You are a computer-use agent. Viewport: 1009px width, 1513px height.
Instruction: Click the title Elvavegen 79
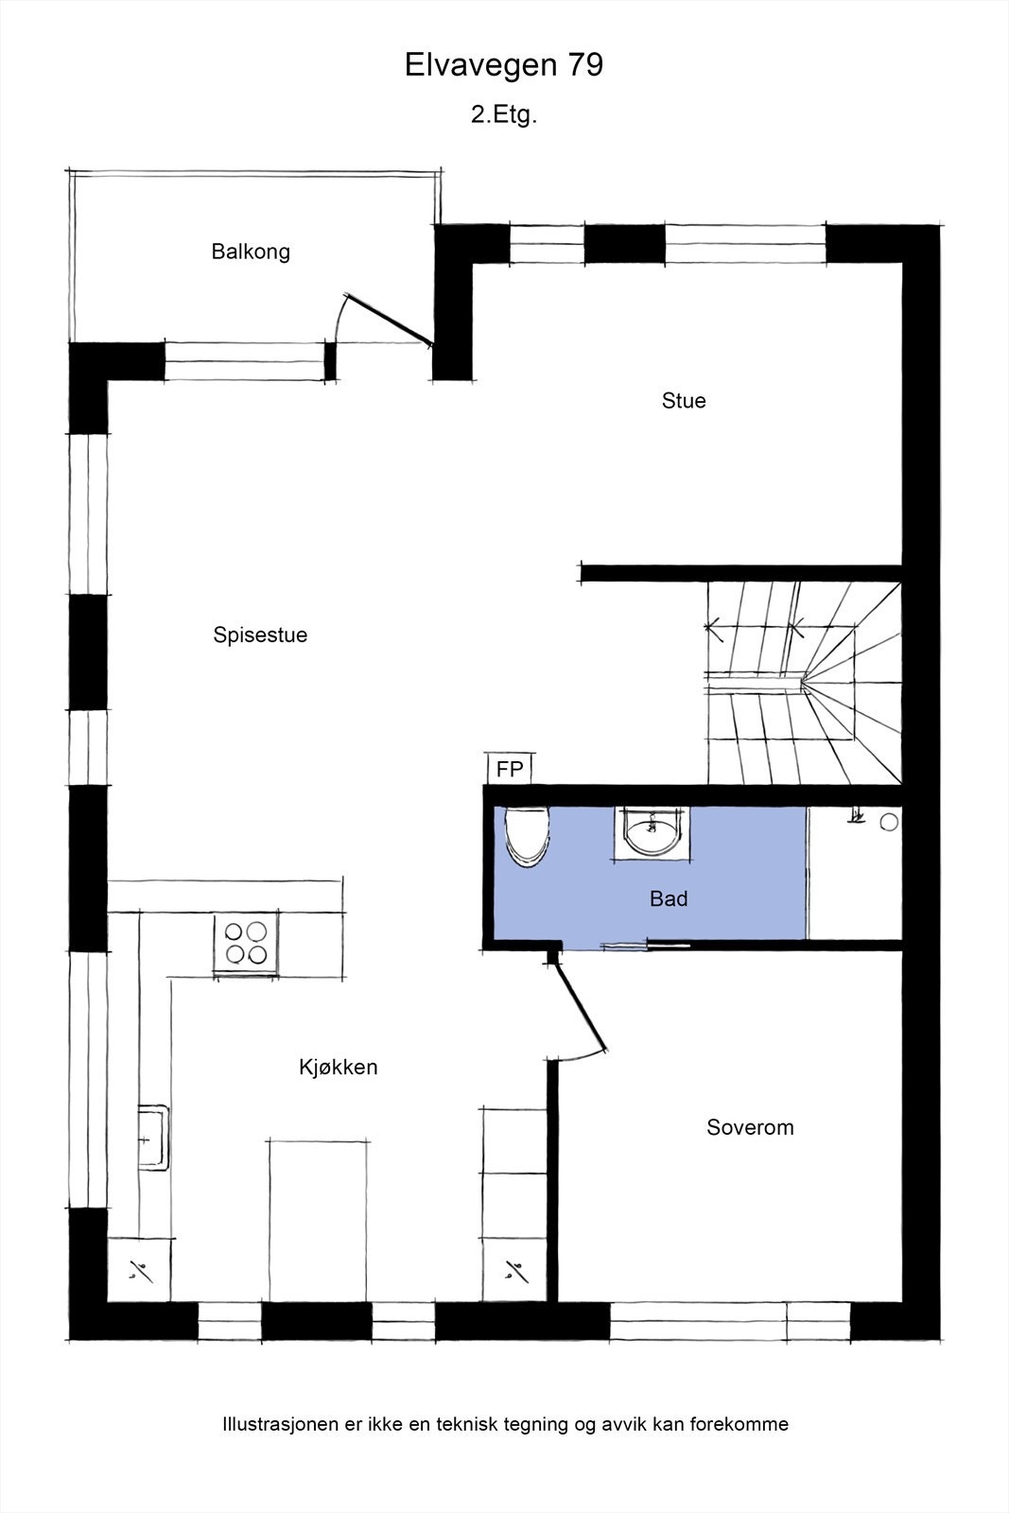(504, 65)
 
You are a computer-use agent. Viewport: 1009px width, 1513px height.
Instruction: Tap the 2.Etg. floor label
(504, 115)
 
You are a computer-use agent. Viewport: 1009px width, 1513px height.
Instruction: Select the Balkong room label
(251, 252)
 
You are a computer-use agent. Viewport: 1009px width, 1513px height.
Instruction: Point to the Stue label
(684, 401)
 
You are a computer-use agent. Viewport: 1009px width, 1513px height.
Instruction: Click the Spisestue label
(260, 635)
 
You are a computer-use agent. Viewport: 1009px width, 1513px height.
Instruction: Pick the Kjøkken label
(339, 1068)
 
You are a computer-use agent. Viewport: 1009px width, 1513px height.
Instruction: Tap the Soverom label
(750, 1127)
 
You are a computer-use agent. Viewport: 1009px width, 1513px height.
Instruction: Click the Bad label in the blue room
(669, 899)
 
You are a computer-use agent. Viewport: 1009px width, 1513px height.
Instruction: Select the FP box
(510, 770)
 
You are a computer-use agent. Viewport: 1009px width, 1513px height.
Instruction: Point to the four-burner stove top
(246, 942)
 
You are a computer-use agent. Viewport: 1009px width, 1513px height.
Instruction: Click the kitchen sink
(153, 1138)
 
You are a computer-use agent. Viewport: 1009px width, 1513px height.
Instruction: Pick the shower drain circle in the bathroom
(889, 823)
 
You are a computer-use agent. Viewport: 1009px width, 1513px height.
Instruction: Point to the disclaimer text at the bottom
(505, 1424)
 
